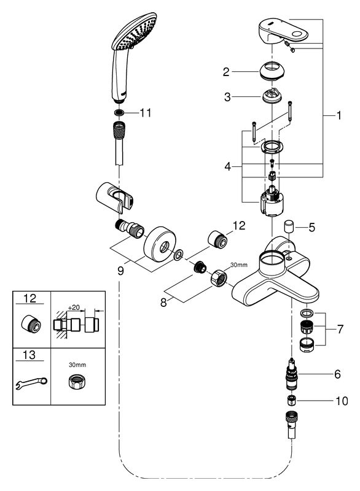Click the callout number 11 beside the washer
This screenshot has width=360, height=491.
point(146,113)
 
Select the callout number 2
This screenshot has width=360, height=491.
point(226,72)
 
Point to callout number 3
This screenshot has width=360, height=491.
point(227,97)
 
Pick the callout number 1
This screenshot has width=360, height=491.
point(338,115)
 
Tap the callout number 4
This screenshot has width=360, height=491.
point(228,166)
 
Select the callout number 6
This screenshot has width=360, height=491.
point(337,374)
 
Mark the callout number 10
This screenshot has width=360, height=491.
point(342,401)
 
